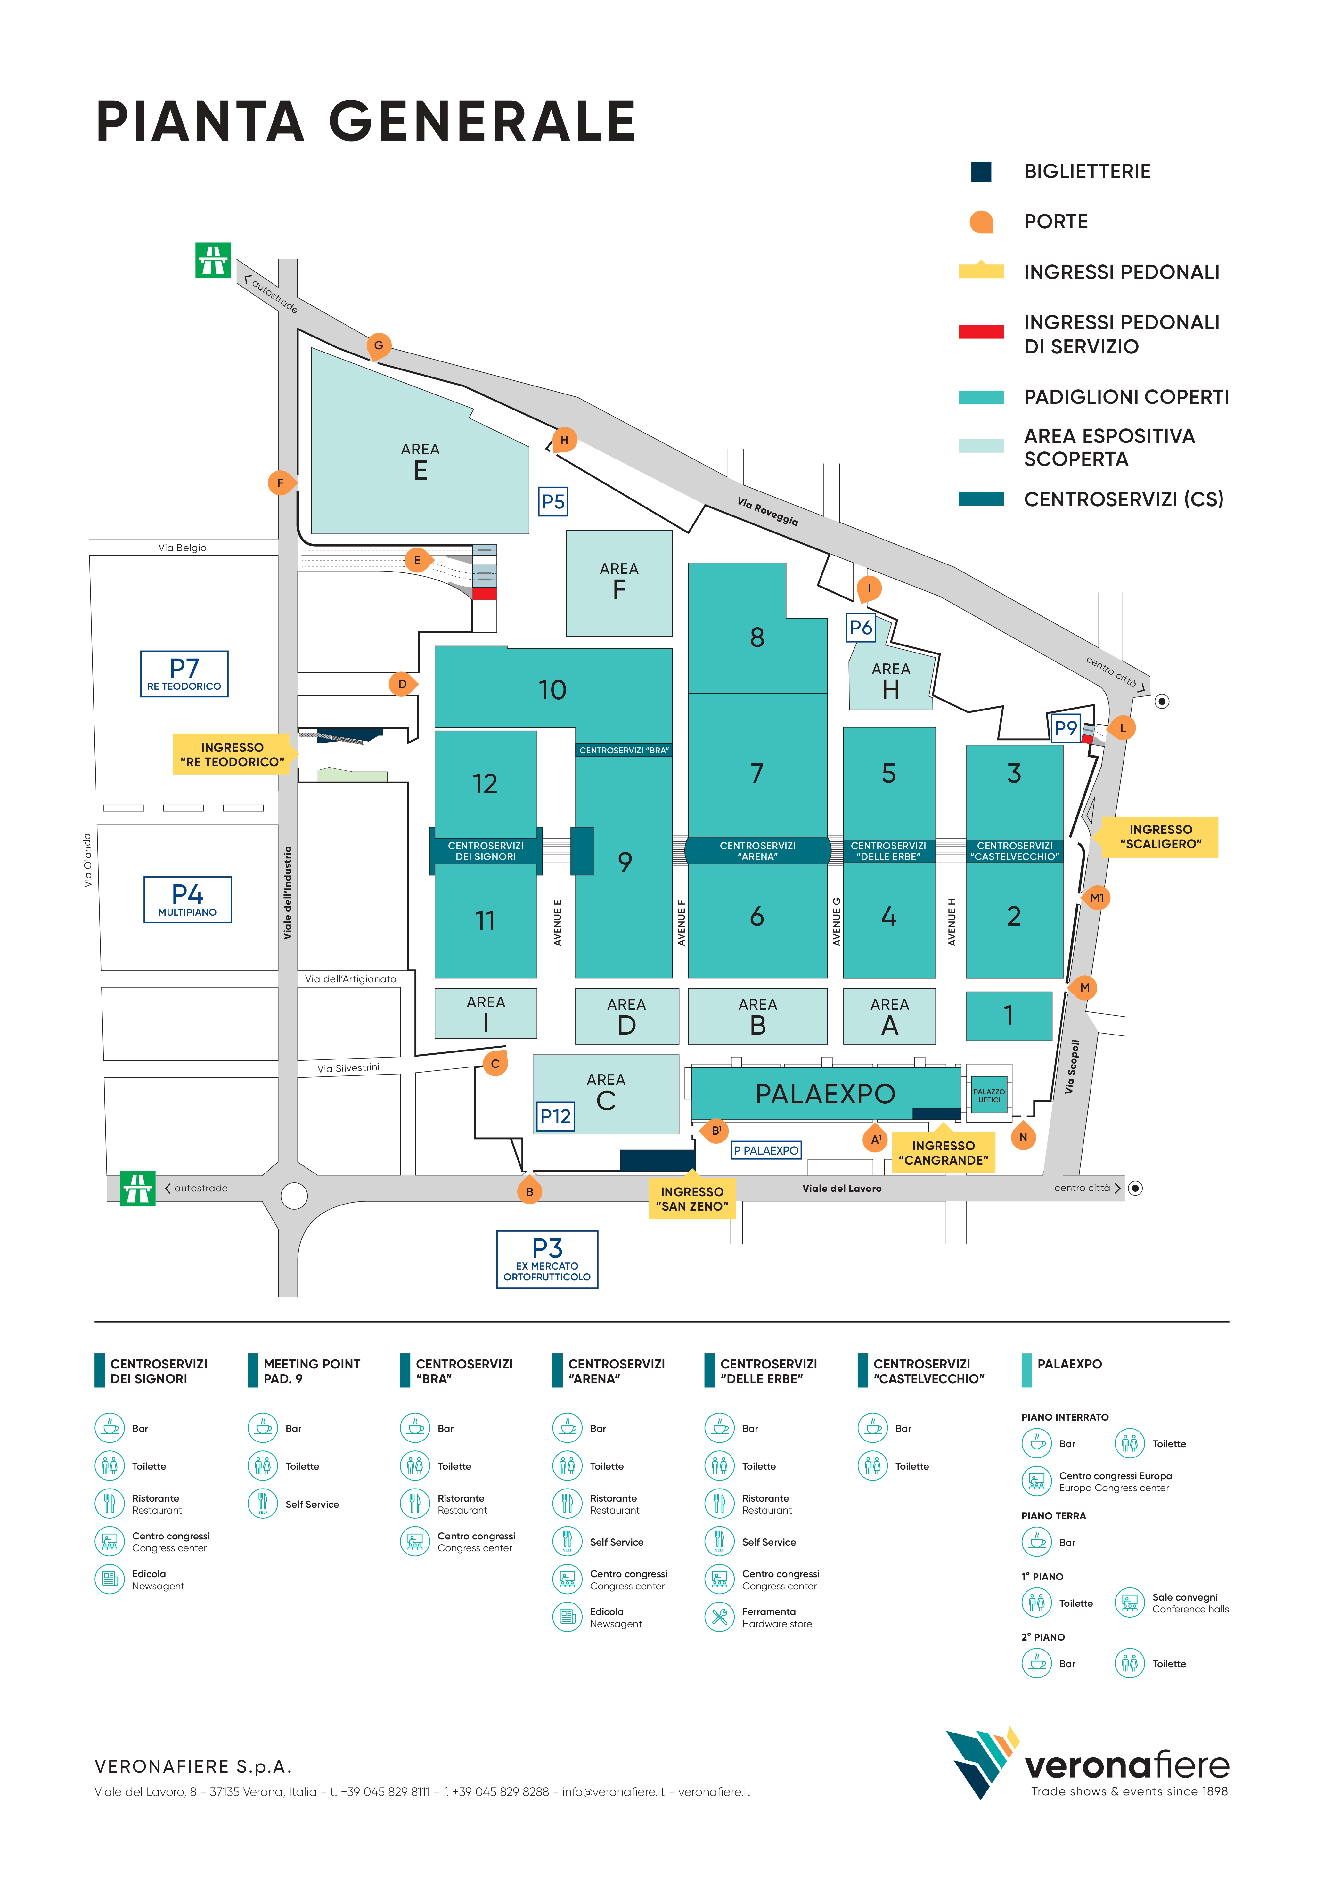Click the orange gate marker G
pyautogui.click(x=378, y=345)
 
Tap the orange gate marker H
pyautogui.click(x=564, y=440)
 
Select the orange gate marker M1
pyautogui.click(x=1097, y=898)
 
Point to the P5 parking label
pyautogui.click(x=553, y=502)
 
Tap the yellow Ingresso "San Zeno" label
pyautogui.click(x=692, y=1198)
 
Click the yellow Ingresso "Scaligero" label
pyautogui.click(x=1160, y=837)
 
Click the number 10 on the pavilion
pyautogui.click(x=552, y=690)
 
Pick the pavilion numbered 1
pyautogui.click(x=1009, y=1016)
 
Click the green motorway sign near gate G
pyautogui.click(x=213, y=260)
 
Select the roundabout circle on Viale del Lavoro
pyautogui.click(x=294, y=1195)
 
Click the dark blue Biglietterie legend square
pyautogui.click(x=980, y=171)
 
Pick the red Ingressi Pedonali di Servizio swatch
pyautogui.click(x=980, y=332)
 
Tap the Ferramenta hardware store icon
pyautogui.click(x=719, y=1617)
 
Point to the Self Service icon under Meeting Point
pyautogui.click(x=263, y=1504)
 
